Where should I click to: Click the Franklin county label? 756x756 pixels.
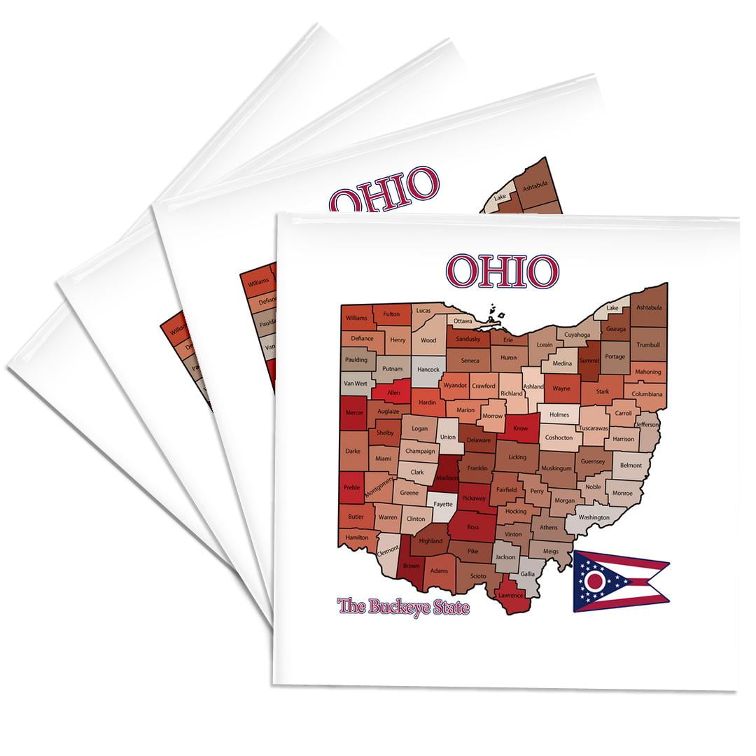tap(477, 468)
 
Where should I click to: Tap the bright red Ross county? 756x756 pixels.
tap(473, 526)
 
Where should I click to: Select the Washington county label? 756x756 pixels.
tap(594, 517)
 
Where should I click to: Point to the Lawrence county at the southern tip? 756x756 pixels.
tap(510, 596)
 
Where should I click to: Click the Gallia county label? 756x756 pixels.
tap(527, 574)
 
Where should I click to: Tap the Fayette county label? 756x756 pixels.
tap(442, 504)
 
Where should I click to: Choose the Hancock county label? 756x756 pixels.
tap(428, 370)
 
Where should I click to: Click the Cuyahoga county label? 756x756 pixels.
tap(577, 335)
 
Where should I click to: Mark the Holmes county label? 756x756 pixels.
tap(559, 414)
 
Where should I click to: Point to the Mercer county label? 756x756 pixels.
tap(355, 413)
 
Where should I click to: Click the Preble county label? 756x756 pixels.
tap(352, 488)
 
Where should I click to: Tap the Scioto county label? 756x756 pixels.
tap(477, 576)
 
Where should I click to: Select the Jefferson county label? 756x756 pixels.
tap(647, 424)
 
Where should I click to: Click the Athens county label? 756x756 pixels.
tap(549, 527)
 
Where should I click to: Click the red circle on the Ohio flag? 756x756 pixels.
tap(595, 581)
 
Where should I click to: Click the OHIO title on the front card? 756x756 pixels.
tap(503, 271)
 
